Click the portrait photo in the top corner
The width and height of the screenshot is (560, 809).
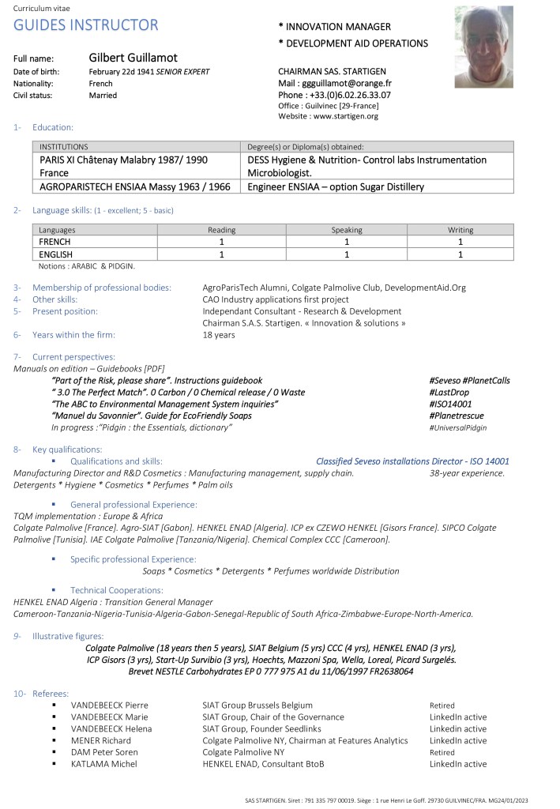pyautogui.click(x=483, y=46)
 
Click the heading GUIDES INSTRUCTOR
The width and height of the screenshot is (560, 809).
pyautogui.click(x=86, y=24)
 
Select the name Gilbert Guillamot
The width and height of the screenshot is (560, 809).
pyautogui.click(x=133, y=58)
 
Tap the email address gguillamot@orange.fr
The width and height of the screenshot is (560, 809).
pyautogui.click(x=347, y=83)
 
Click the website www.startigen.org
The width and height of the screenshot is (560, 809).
pyautogui.click(x=346, y=116)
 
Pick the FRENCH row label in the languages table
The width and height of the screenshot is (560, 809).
pyautogui.click(x=55, y=242)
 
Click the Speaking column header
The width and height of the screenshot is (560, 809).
pyautogui.click(x=347, y=230)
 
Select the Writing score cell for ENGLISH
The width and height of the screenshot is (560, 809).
pyautogui.click(x=460, y=254)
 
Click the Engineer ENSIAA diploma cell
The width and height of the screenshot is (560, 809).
pyautogui.click(x=336, y=187)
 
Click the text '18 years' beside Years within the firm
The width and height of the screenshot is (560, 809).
pyautogui.click(x=219, y=335)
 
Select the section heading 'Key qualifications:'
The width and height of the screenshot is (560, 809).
pyautogui.click(x=67, y=450)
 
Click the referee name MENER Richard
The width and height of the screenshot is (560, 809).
pyautogui.click(x=101, y=740)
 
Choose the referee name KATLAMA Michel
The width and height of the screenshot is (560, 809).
pyautogui.click(x=103, y=764)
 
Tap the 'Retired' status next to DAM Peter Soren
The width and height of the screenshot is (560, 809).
pyautogui.click(x=442, y=752)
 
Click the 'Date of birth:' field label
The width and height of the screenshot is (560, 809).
pyautogui.click(x=38, y=72)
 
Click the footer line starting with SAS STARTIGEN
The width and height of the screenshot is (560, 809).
pyautogui.click(x=387, y=800)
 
